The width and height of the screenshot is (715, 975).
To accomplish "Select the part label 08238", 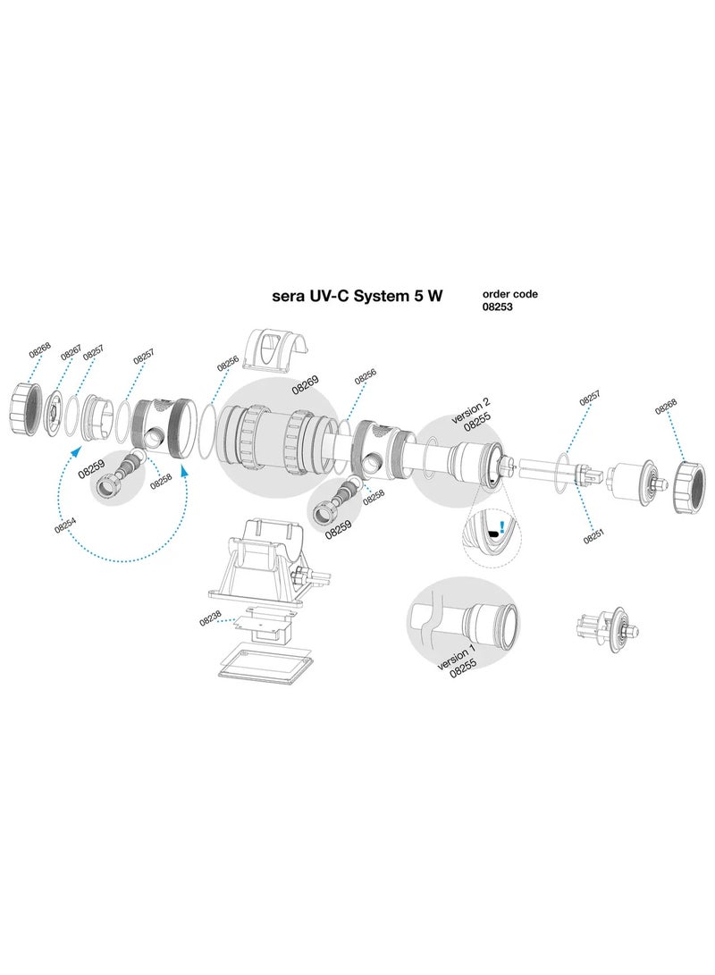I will click(210, 618).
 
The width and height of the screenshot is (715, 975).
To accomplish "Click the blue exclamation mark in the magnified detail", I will click(502, 528).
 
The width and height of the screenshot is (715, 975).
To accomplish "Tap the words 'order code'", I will click(509, 293).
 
